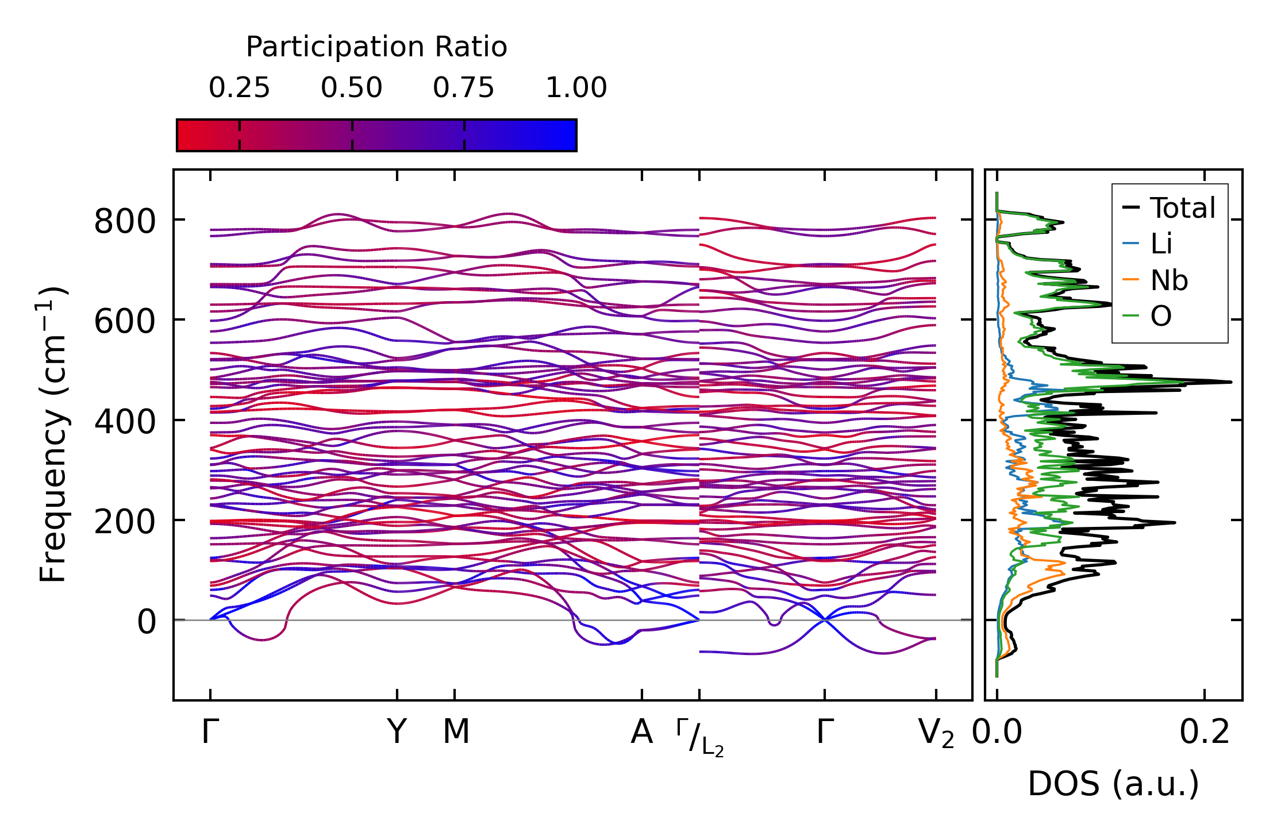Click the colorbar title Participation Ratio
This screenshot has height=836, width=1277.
pyautogui.click(x=376, y=47)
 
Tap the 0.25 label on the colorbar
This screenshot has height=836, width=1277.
pyautogui.click(x=239, y=88)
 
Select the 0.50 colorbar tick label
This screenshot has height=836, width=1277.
pyautogui.click(x=351, y=88)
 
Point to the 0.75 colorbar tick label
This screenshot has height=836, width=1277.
pyautogui.click(x=463, y=88)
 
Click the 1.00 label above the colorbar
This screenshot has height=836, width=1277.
pyautogui.click(x=576, y=88)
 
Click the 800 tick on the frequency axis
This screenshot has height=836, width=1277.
pyautogui.click(x=125, y=221)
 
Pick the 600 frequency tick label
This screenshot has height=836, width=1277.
pyautogui.click(x=125, y=321)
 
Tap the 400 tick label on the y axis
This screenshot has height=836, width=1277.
pyautogui.click(x=125, y=422)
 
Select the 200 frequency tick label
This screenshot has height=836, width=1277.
pyautogui.click(x=125, y=522)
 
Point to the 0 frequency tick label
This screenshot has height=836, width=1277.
pyautogui.click(x=147, y=622)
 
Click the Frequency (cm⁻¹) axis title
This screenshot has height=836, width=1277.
pyautogui.click(x=53, y=434)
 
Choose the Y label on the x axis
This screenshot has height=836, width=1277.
pyautogui.click(x=397, y=732)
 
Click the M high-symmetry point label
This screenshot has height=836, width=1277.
pyautogui.click(x=456, y=732)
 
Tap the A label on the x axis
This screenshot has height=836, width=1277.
pyautogui.click(x=641, y=732)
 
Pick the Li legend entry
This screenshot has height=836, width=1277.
pyautogui.click(x=1161, y=244)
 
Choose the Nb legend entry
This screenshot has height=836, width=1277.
pyautogui.click(x=1168, y=280)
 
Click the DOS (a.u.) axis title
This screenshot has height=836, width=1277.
pyautogui.click(x=1113, y=784)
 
